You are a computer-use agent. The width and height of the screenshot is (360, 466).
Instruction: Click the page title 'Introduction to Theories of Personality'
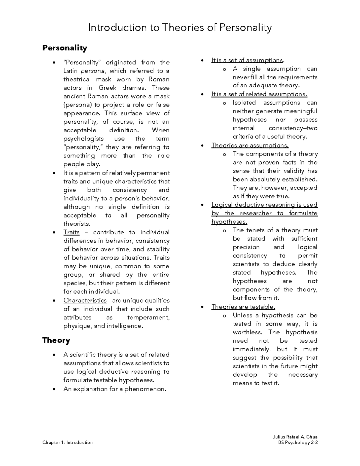(180, 28)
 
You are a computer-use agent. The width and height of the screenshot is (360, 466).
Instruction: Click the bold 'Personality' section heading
(64, 48)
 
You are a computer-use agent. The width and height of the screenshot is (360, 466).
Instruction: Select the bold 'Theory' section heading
(56, 340)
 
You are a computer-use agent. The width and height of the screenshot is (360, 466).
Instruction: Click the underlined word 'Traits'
(71, 233)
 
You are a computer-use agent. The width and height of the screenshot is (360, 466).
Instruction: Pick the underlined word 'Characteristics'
(85, 301)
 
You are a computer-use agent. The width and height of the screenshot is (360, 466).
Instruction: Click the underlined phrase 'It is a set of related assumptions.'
(259, 94)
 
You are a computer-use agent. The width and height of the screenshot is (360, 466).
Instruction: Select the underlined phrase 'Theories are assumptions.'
(250, 146)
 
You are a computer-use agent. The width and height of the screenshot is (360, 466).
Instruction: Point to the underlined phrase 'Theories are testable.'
(243, 307)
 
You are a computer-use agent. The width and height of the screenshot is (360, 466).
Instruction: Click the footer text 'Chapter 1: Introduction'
(67, 443)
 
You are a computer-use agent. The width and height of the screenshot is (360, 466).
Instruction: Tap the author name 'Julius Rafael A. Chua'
(293, 437)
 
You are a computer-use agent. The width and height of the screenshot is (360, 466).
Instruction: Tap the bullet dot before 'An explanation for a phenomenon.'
(54, 389)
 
